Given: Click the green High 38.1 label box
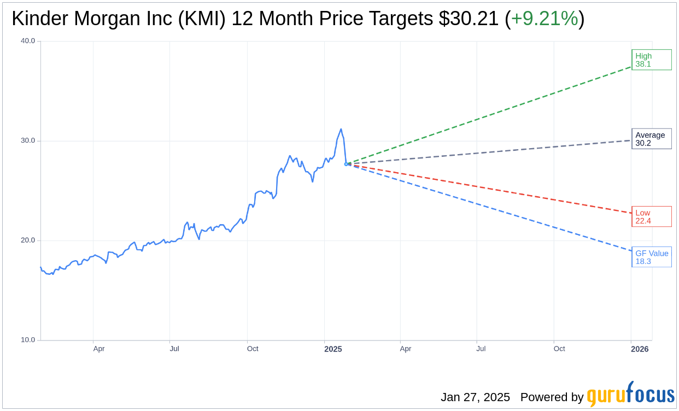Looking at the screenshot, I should pos(651,60).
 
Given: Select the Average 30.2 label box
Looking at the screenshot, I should pos(651,139).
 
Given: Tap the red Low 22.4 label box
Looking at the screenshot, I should pos(651,216).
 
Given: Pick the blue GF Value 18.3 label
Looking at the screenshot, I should pos(651,257).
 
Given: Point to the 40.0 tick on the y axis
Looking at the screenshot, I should pos(28,40).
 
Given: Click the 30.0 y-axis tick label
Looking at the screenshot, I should pos(28,140).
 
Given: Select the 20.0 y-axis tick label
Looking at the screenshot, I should pos(28,240).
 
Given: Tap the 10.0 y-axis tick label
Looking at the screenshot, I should pos(28,340).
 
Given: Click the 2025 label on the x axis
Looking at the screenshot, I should pos(333,349).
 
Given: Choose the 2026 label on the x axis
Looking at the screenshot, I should pos(640,349).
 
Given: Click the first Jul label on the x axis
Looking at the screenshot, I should pos(174,349).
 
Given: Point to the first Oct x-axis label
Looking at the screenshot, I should pos(253,349).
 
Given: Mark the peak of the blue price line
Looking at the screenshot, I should pos(341,130).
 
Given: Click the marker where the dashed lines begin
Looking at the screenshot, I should pos(347,164).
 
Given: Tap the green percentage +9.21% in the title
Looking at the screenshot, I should pos(544,19).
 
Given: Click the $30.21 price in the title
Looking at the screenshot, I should pos(469,19).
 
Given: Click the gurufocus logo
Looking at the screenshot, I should pos(630,395).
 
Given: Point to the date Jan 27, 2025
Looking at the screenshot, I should pos(475,397).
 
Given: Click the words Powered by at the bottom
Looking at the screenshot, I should pos(552,397).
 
